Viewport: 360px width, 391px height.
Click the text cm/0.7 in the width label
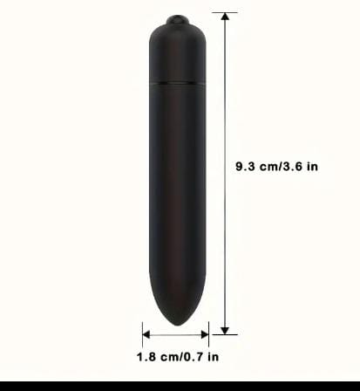tap(180, 356)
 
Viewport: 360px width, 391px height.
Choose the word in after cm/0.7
tap(213, 356)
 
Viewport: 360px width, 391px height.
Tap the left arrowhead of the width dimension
tap(147, 333)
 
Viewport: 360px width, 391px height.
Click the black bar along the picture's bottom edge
tap(180, 386)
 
